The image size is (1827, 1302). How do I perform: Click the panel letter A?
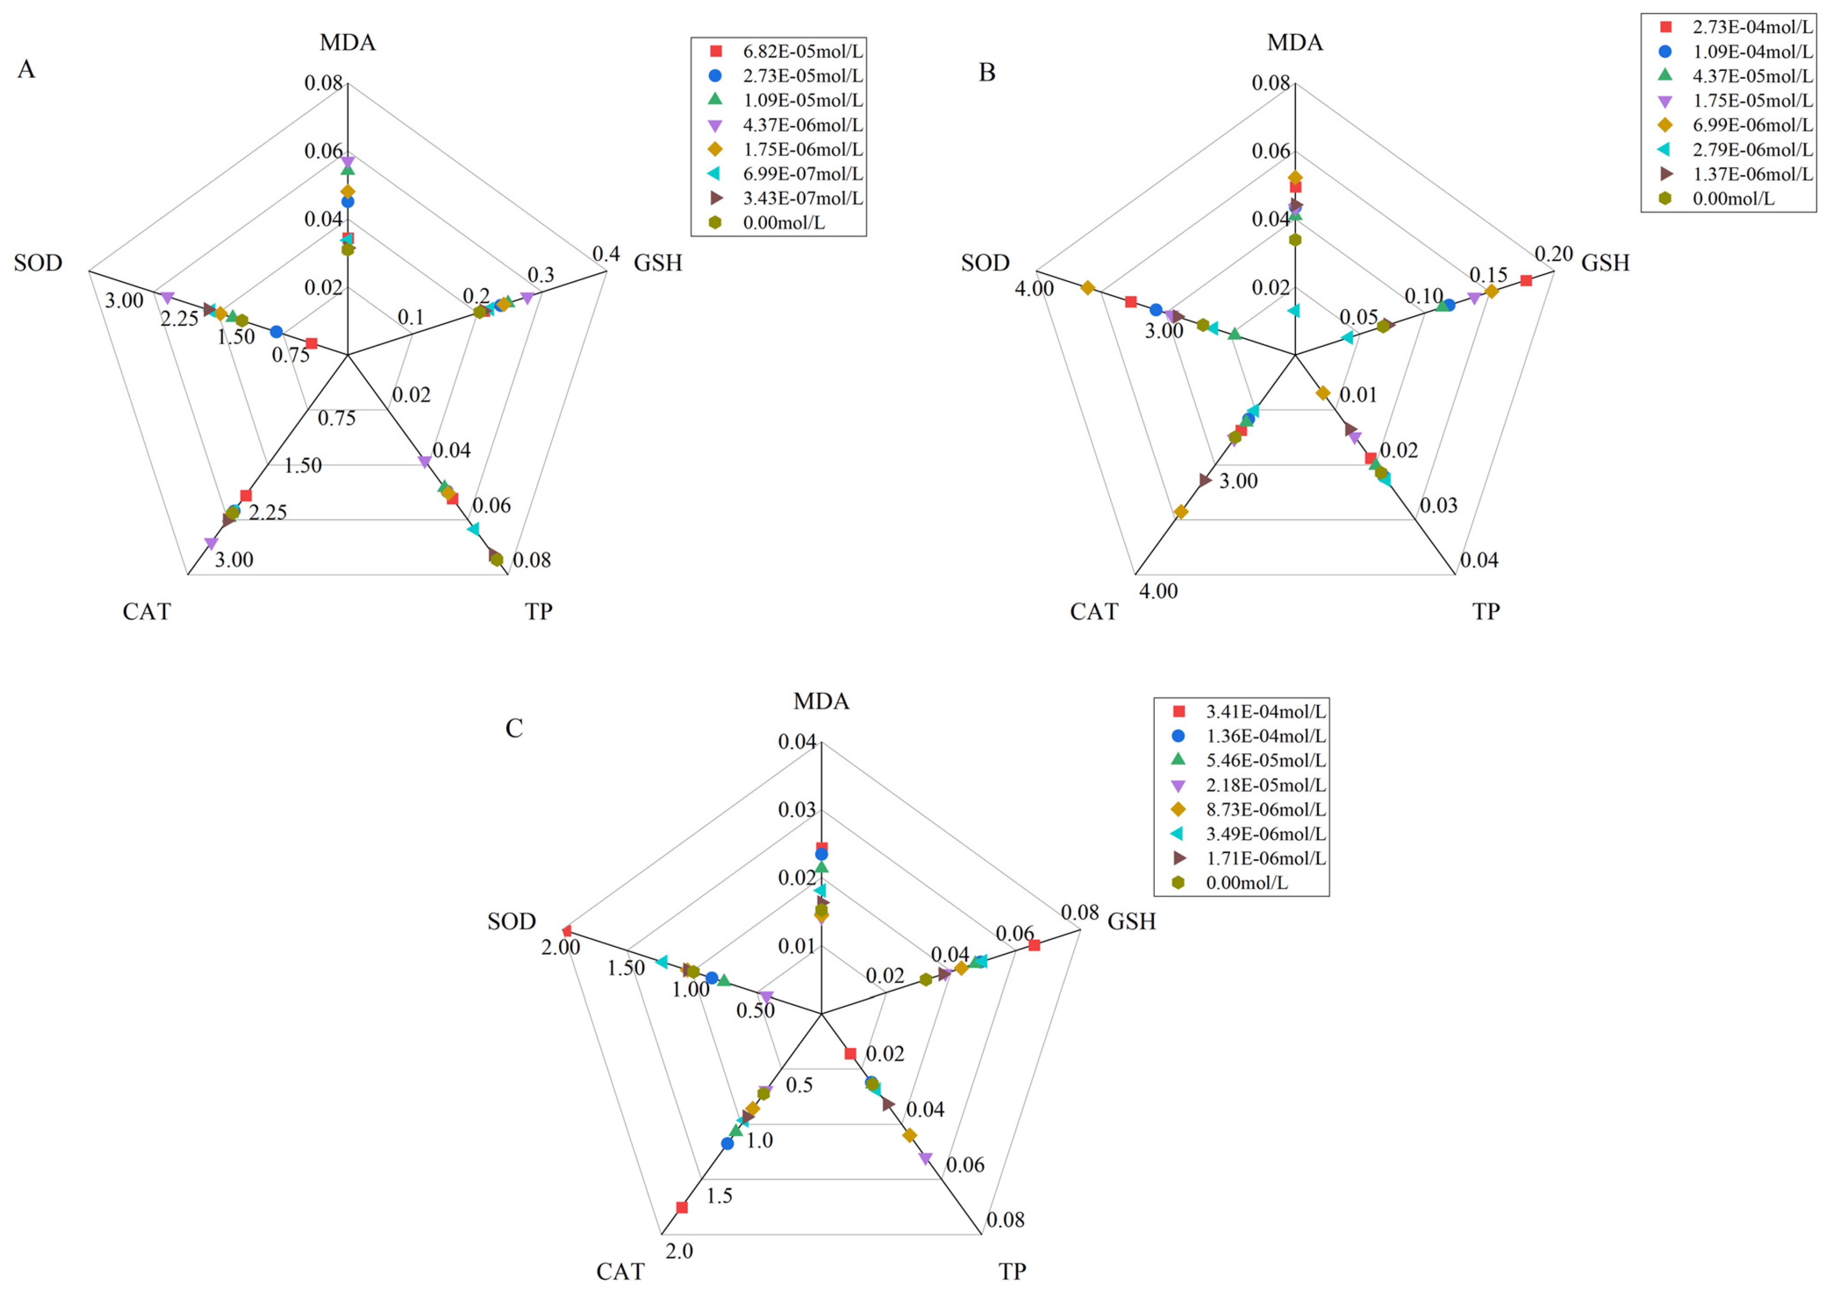pyautogui.click(x=27, y=70)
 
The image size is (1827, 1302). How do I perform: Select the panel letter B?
pyautogui.click(x=987, y=73)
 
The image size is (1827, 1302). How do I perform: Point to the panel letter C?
pyautogui.click(x=514, y=728)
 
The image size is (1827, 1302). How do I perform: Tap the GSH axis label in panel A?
pyautogui.click(x=657, y=263)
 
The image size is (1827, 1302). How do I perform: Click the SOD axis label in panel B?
pyautogui.click(x=985, y=263)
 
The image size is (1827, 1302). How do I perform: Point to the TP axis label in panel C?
pyautogui.click(x=1012, y=1272)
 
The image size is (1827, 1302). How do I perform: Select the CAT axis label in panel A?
pyautogui.click(x=147, y=612)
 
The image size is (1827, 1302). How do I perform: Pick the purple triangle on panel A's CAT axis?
pyautogui.click(x=211, y=544)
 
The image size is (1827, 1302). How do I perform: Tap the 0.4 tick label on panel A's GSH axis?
pyautogui.click(x=606, y=254)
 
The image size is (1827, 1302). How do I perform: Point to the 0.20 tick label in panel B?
pyautogui.click(x=1553, y=254)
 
